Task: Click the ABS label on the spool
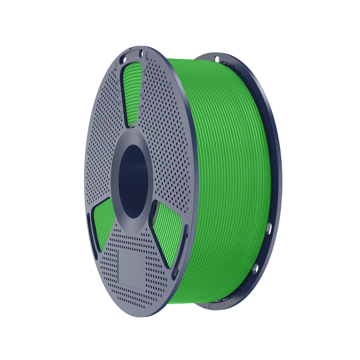pos(147,57)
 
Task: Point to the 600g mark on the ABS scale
pos(143,85)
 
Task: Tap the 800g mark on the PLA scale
pos(118,82)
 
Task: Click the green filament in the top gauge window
pos(132,94)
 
